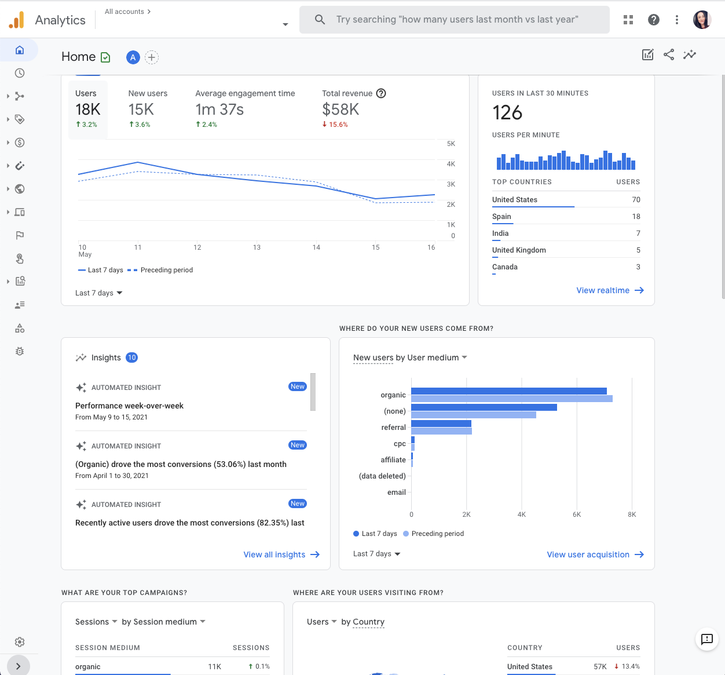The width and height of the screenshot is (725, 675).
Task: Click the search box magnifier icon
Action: tap(320, 20)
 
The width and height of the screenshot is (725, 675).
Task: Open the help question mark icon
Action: tap(654, 20)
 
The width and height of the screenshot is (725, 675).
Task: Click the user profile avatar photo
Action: tap(702, 20)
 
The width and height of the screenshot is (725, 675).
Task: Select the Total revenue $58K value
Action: tap(340, 110)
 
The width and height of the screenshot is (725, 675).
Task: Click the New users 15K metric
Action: tap(141, 110)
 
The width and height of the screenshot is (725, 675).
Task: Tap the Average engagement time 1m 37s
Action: tap(219, 110)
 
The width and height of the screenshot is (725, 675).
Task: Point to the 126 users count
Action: tap(507, 112)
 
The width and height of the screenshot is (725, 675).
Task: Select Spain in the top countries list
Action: tap(501, 217)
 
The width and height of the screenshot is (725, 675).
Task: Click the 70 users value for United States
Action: tap(636, 200)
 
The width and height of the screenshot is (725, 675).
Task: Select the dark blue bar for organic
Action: tap(508, 391)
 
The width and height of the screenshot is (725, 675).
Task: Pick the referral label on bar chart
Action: tap(393, 428)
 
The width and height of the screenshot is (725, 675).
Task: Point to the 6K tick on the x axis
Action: tap(577, 515)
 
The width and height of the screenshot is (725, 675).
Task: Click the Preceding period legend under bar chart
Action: tap(437, 534)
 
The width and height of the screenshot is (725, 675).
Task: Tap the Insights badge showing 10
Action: tap(132, 357)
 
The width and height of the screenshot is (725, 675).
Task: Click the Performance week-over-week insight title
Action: tap(129, 406)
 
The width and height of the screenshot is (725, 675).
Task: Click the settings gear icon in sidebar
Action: tap(20, 642)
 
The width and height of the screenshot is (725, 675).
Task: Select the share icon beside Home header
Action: tap(669, 54)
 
